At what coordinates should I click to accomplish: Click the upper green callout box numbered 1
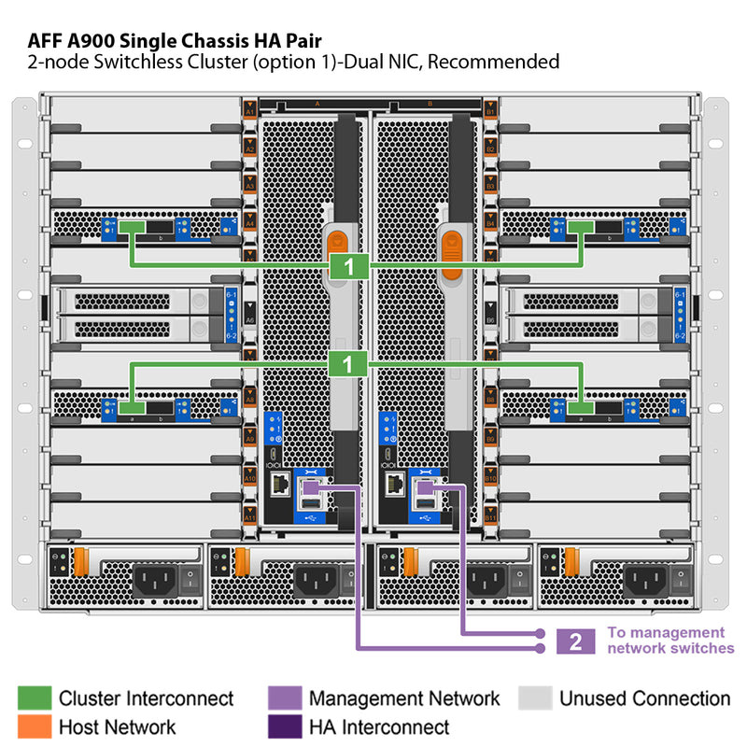coord(349,266)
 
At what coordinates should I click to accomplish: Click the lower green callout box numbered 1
coord(349,364)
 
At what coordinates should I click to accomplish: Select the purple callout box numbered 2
coord(575,641)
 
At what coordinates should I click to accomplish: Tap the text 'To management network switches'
coord(670,640)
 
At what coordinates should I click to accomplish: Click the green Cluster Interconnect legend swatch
coord(35,698)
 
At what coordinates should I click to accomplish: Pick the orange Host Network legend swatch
coord(35,726)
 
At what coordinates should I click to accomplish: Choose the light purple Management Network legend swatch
coord(285,698)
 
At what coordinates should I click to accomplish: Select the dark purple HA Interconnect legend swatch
coord(285,726)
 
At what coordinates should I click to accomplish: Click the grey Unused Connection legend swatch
coord(535,698)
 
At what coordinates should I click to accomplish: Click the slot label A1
coord(249,112)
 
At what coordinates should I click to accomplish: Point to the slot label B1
coord(490,112)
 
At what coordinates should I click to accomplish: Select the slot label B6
coord(490,320)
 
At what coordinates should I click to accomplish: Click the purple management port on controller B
coord(425,486)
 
